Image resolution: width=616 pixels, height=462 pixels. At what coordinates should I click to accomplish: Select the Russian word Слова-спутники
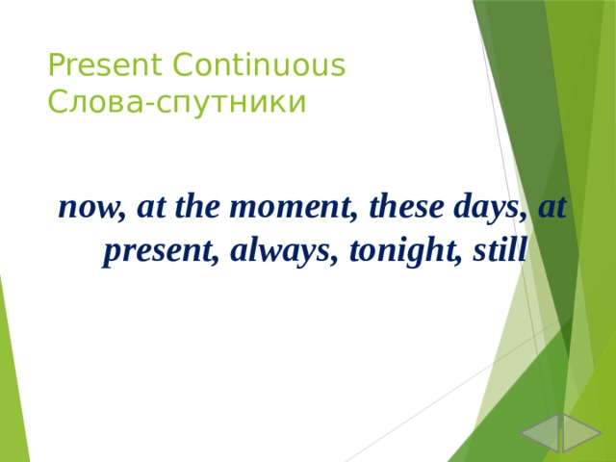point(177,101)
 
